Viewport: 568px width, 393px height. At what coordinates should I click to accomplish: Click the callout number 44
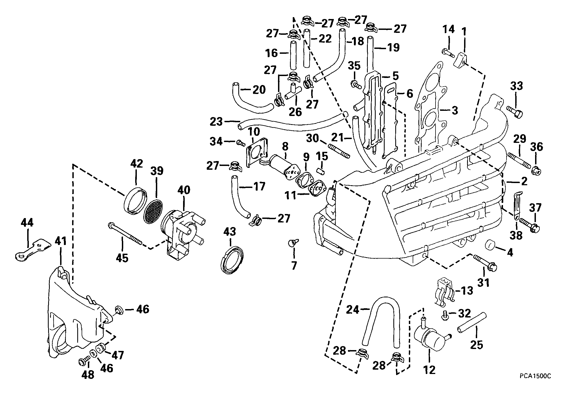[x=27, y=223]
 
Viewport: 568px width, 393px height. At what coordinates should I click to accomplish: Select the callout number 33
[x=516, y=86]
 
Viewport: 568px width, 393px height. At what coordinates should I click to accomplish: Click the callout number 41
[x=61, y=241]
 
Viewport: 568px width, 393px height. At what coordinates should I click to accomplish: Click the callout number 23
[x=216, y=121]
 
